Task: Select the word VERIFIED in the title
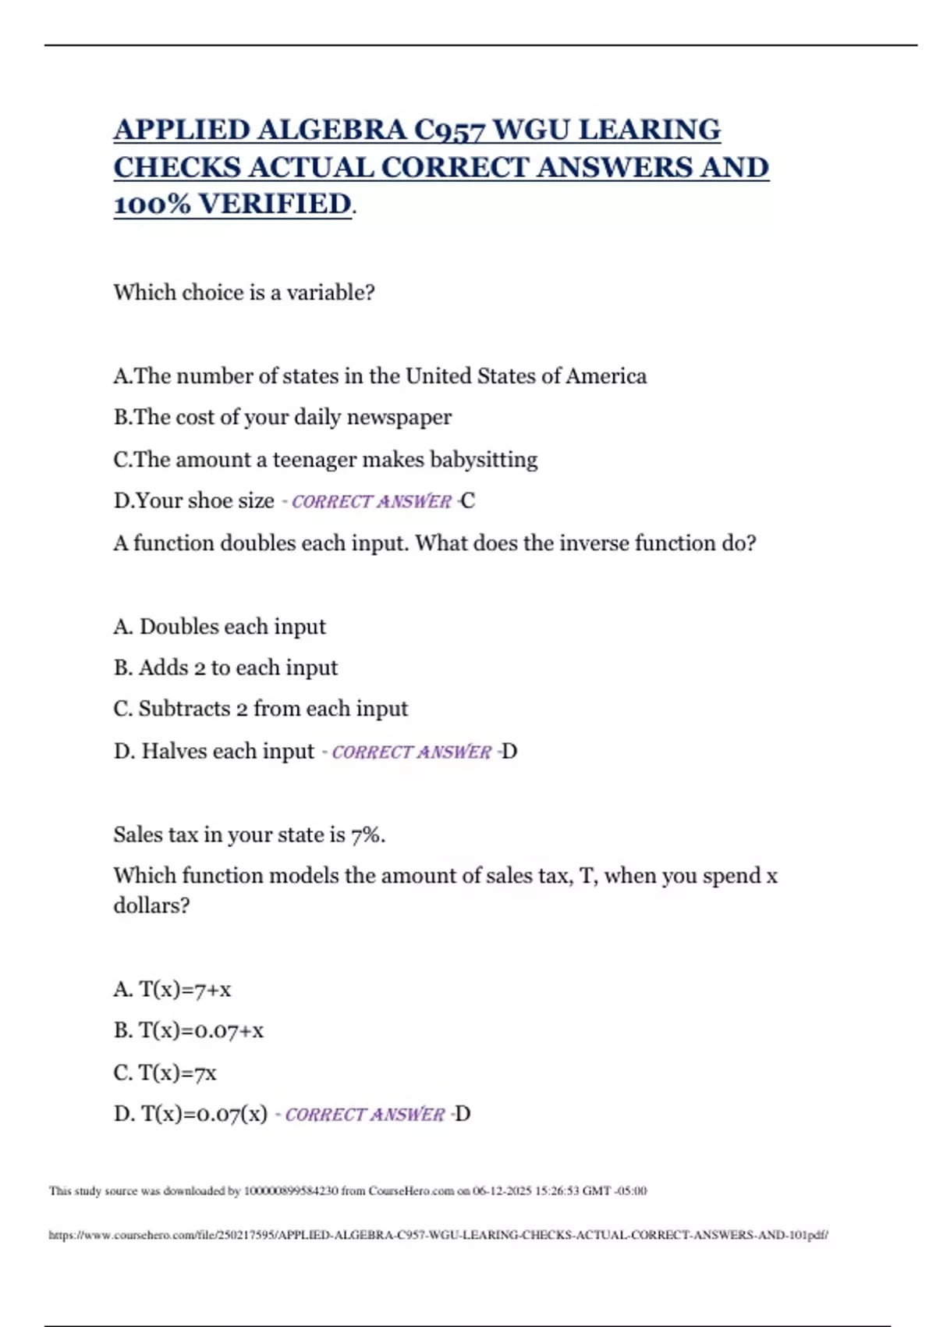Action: (x=275, y=204)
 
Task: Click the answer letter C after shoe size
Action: (x=468, y=501)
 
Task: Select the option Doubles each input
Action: (x=232, y=627)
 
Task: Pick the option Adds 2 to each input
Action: (x=238, y=668)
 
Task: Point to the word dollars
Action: (x=151, y=905)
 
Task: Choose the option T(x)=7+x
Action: (x=185, y=990)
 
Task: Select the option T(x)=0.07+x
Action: (x=201, y=1031)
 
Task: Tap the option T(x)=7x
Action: (x=177, y=1073)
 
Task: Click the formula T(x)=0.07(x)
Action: (x=204, y=1114)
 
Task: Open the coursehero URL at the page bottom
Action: (x=438, y=1235)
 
